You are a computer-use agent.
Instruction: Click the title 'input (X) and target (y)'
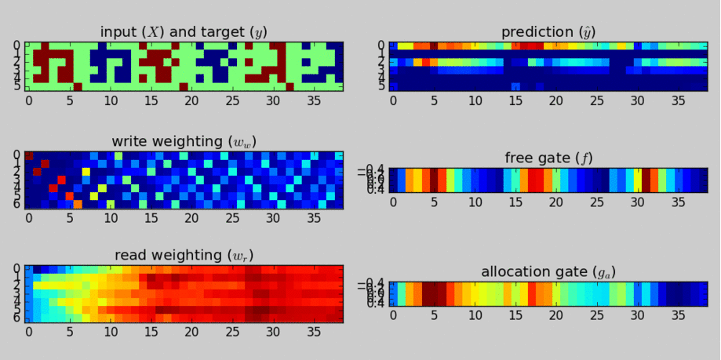point(184,32)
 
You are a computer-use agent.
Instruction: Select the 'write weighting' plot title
point(184,141)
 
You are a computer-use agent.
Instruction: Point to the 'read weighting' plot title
point(184,255)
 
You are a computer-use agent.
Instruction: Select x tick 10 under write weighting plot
point(111,216)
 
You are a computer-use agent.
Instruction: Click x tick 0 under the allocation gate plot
point(393,315)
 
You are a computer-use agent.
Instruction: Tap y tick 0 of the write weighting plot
point(17,155)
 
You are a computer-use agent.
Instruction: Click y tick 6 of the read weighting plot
point(17,318)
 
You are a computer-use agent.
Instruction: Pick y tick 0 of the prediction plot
point(381,45)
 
